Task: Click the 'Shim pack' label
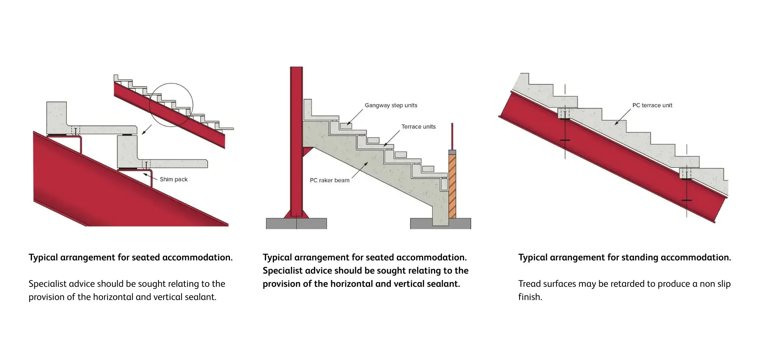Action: (x=174, y=179)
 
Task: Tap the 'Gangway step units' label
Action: (x=391, y=105)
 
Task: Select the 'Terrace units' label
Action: (x=418, y=126)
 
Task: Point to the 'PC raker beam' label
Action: (x=330, y=180)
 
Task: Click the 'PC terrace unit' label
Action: (x=652, y=105)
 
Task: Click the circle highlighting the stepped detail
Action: (x=171, y=105)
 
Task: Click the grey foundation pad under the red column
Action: (x=296, y=223)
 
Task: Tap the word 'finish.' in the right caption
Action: (x=530, y=297)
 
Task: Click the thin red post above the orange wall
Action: (x=452, y=136)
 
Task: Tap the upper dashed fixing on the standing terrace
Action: (x=564, y=113)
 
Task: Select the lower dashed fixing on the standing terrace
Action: (x=686, y=173)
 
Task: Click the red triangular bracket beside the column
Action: (x=307, y=151)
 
